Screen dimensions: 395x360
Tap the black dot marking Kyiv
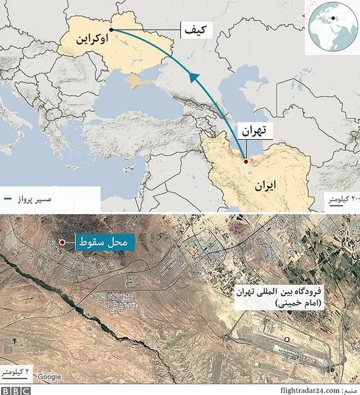click(111, 29)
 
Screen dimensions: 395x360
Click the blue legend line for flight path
click(8, 200)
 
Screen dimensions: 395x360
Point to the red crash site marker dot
click(61, 243)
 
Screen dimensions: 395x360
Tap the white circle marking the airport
click(286, 339)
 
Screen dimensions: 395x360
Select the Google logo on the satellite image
click(49, 377)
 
